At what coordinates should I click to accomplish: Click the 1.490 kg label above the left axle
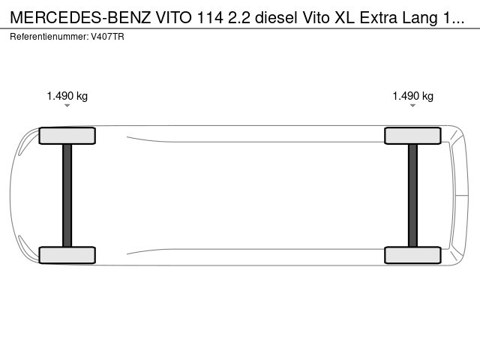point(67,96)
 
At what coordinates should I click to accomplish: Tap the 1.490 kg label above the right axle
point(413,96)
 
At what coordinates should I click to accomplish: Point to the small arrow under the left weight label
point(67,106)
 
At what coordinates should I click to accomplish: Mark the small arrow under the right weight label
point(413,106)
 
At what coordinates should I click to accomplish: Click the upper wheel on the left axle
point(67,136)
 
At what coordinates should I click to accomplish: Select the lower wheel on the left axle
point(67,255)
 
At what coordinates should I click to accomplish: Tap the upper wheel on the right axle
point(412,136)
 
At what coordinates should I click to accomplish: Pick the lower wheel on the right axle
point(412,255)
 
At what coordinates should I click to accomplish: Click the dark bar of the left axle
point(67,195)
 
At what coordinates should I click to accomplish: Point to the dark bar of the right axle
point(412,195)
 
